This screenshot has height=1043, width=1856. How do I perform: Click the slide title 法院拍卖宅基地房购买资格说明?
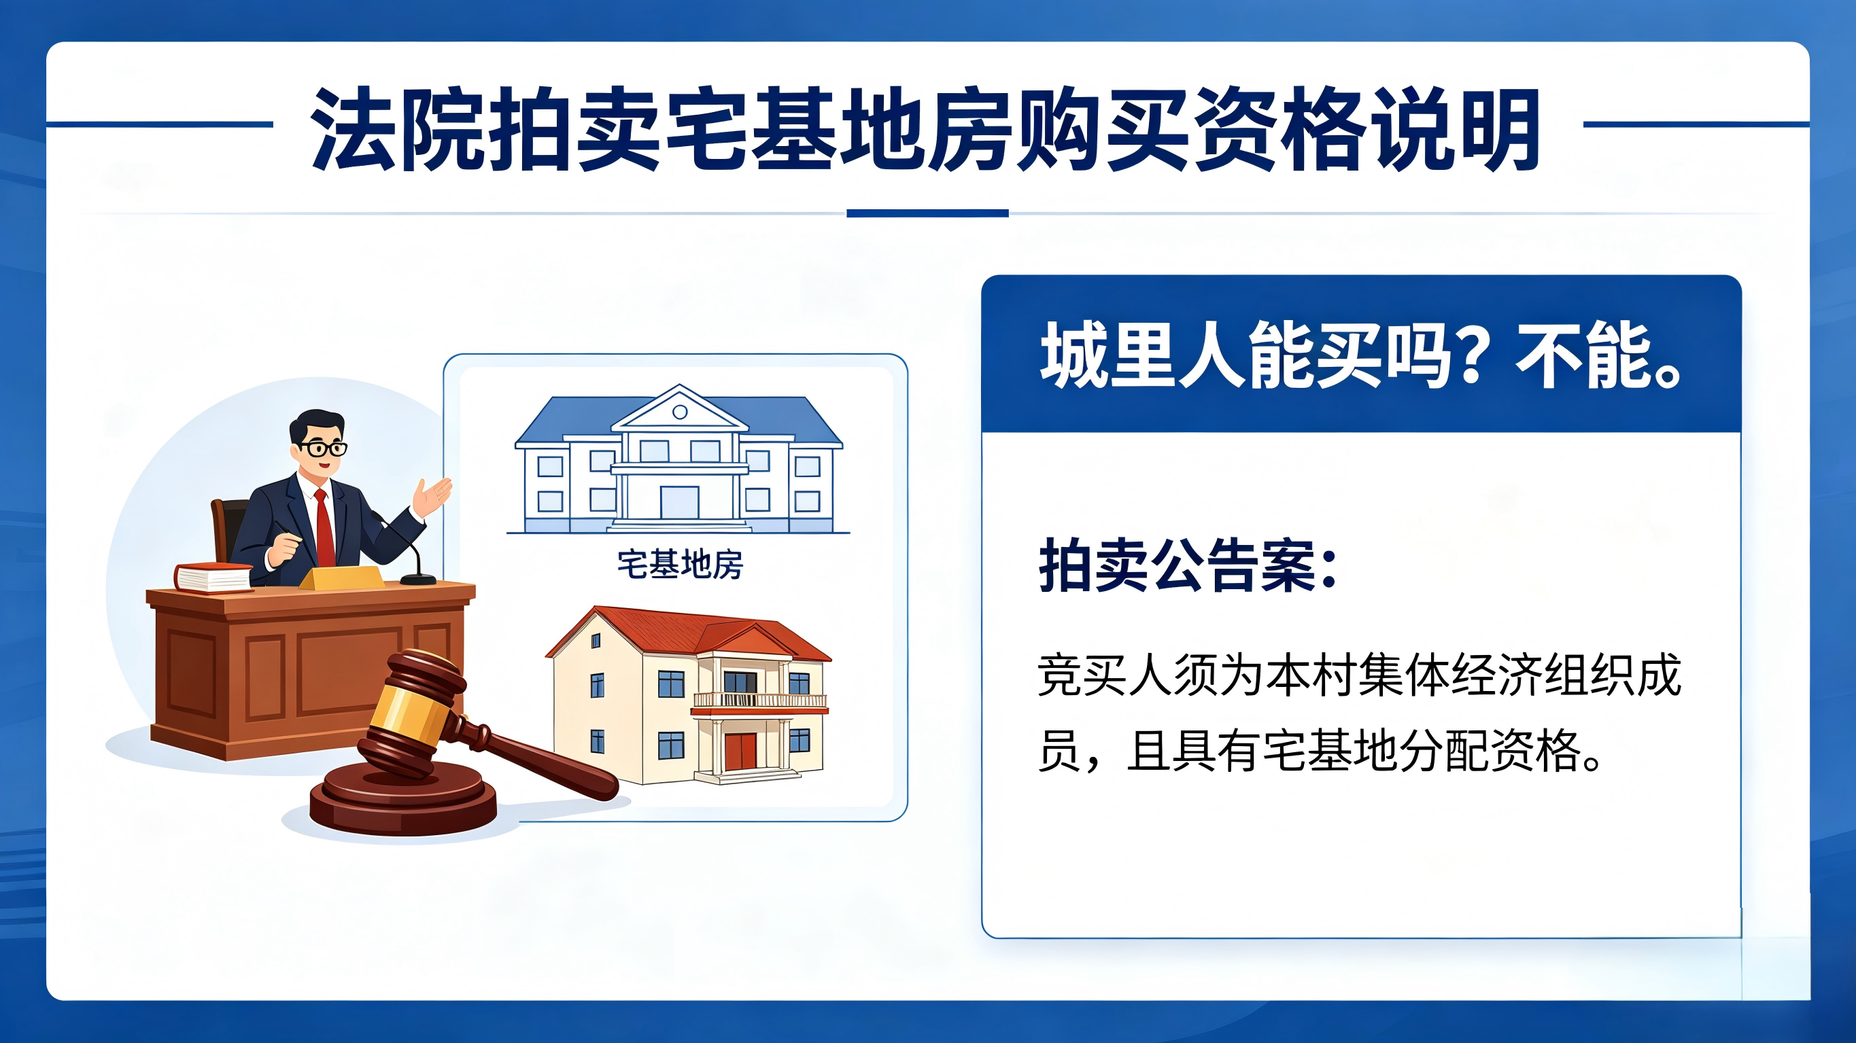pos(925,130)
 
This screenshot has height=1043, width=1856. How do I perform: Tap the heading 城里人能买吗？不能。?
pos(1362,355)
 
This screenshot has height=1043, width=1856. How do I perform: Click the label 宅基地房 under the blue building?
pos(680,564)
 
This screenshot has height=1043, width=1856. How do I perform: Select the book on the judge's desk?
pos(213,578)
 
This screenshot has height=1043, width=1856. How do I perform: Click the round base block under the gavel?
pos(402,800)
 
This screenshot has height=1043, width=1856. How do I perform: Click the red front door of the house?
pos(740,752)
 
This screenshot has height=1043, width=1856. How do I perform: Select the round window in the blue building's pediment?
pos(680,412)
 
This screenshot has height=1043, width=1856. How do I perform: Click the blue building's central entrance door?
pos(679,502)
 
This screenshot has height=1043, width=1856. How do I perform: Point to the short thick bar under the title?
pos(927,213)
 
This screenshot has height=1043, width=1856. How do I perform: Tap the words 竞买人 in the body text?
pos(1106,675)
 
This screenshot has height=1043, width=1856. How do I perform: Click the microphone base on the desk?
pos(418,578)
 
